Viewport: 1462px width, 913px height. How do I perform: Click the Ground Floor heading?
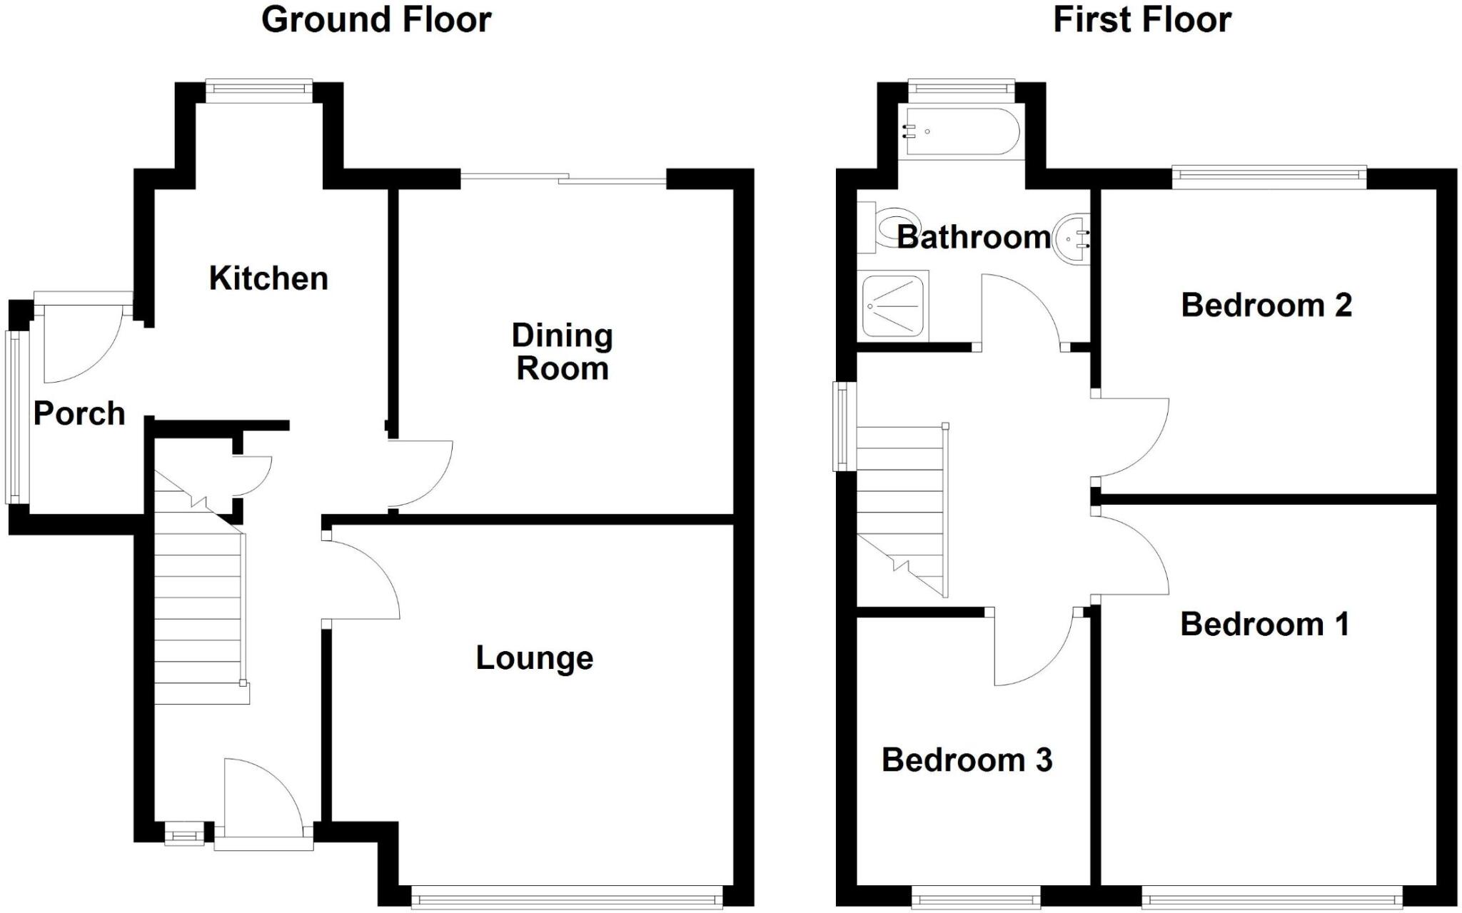click(376, 20)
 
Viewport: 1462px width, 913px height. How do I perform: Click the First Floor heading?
click(1141, 20)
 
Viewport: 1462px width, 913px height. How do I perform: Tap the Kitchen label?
click(268, 278)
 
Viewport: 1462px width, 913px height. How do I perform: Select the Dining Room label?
click(563, 353)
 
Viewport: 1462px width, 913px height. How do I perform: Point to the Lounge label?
click(534, 658)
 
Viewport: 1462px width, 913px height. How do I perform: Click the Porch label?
click(79, 414)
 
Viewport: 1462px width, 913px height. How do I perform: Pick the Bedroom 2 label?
click(1266, 306)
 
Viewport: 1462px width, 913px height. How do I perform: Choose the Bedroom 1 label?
click(1264, 625)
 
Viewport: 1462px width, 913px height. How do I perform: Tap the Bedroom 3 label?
click(967, 760)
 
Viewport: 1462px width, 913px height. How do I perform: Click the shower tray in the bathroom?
click(894, 307)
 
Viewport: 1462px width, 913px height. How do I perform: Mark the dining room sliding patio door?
click(564, 178)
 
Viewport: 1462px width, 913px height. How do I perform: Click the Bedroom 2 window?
click(1269, 177)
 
